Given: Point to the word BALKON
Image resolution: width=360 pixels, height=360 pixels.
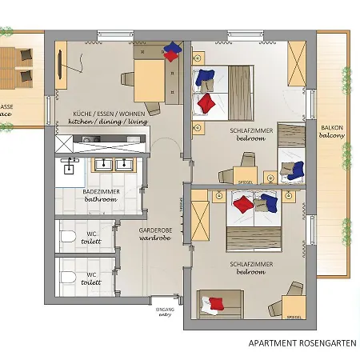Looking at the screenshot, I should [x=333, y=128].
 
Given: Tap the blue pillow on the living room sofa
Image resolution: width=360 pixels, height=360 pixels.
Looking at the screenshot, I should [x=170, y=54].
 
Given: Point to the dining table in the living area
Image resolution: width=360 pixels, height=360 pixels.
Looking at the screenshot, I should [x=148, y=79].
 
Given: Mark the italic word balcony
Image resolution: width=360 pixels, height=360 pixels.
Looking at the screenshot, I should [x=333, y=137].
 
